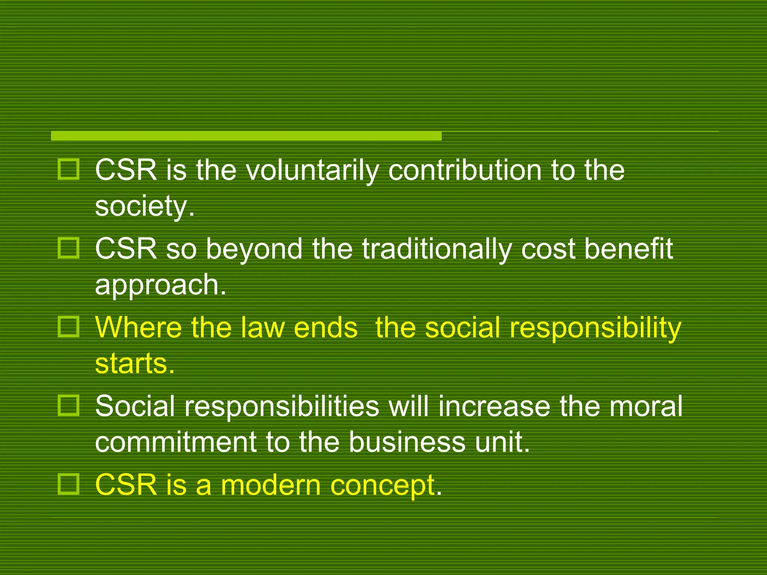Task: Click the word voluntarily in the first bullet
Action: (310, 171)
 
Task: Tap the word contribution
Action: (465, 170)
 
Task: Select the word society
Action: (141, 206)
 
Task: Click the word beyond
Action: (254, 249)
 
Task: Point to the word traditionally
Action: (437, 250)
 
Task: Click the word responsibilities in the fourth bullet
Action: (281, 407)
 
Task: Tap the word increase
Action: (494, 407)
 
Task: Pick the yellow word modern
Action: (270, 485)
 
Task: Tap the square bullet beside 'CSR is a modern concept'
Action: (68, 484)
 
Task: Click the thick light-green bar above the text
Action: (246, 136)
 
